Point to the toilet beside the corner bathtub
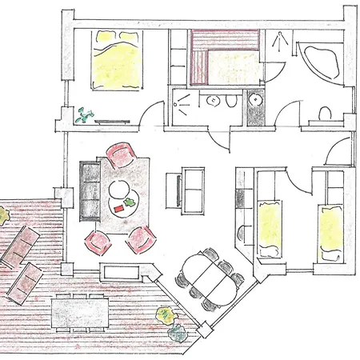click(x=324, y=114)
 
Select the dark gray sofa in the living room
click(x=88, y=191)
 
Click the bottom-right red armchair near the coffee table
click(x=142, y=235)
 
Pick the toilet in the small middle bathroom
click(x=228, y=104)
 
